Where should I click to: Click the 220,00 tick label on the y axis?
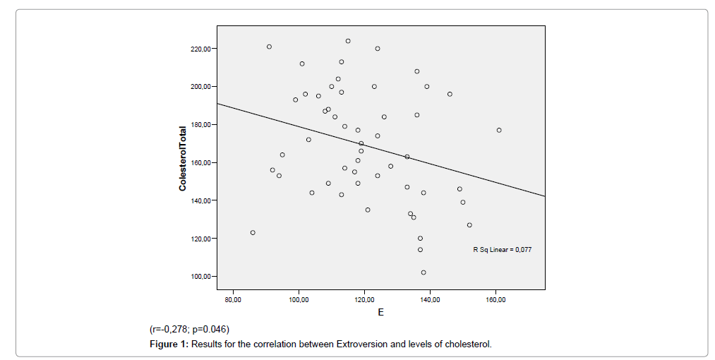(199, 49)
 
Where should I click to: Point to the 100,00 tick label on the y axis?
(199, 276)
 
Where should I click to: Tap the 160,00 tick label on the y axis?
(199, 162)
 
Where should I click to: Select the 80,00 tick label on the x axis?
(233, 300)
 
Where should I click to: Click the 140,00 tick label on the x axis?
(430, 300)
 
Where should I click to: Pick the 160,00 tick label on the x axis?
(495, 300)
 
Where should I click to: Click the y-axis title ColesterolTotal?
(183, 158)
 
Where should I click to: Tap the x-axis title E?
(380, 313)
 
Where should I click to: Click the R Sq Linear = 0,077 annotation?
(502, 250)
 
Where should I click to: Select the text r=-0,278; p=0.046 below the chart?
(189, 329)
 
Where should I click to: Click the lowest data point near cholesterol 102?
(423, 272)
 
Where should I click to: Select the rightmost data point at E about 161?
(499, 130)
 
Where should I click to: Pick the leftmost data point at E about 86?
(253, 232)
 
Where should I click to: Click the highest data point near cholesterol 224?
(348, 41)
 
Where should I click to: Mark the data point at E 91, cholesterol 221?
(269, 47)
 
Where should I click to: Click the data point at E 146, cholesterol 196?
(450, 94)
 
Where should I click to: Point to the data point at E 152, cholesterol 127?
(469, 225)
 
